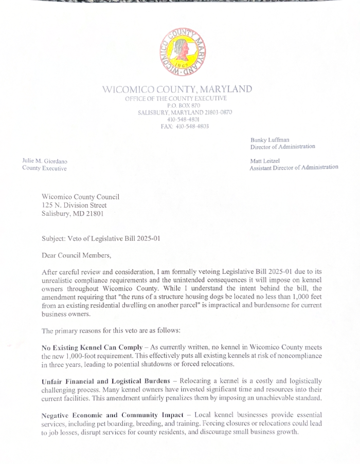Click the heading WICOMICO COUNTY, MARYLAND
(x=177, y=89)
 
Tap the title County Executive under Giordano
(x=44, y=169)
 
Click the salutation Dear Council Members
(x=76, y=254)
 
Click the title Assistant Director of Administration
(x=294, y=168)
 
